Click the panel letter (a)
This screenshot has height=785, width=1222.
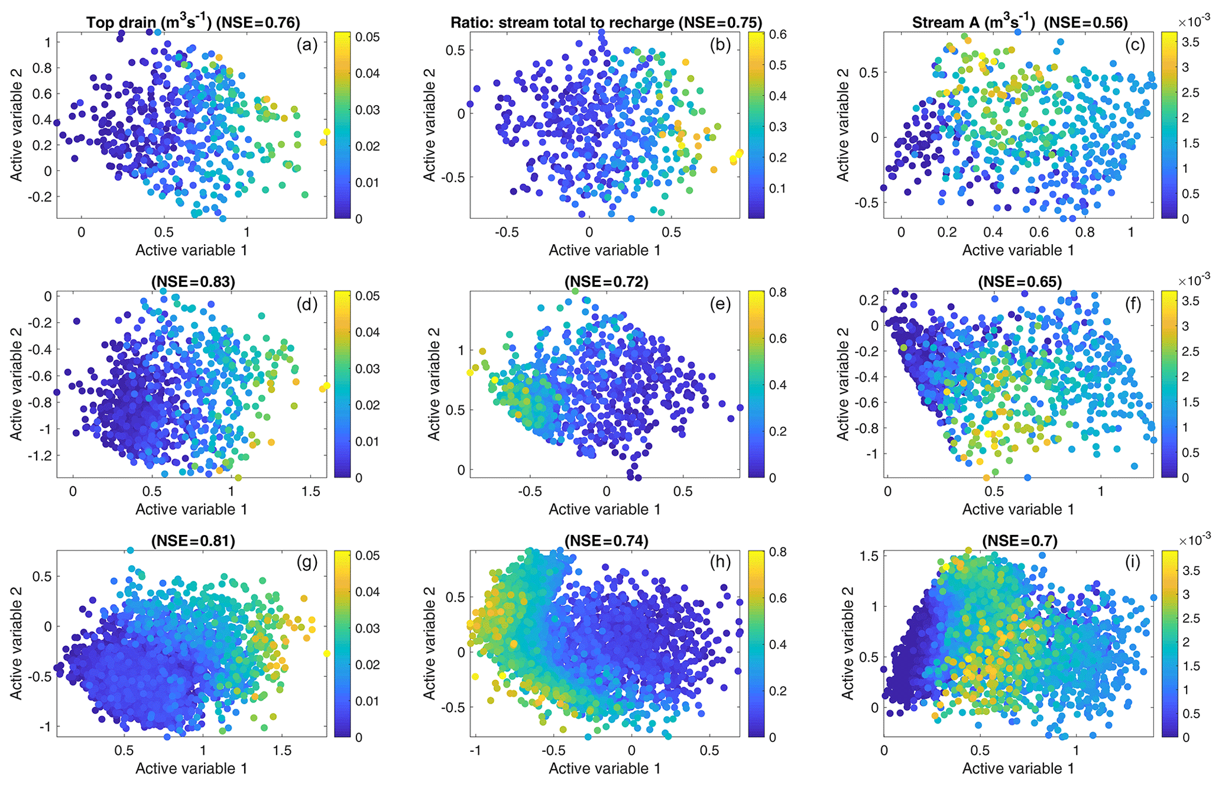pyautogui.click(x=307, y=45)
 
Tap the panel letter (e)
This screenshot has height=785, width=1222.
pyautogui.click(x=720, y=304)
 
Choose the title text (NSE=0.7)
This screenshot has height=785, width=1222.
pyautogui.click(x=1020, y=541)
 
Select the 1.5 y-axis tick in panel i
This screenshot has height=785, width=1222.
pyautogui.click(x=866, y=556)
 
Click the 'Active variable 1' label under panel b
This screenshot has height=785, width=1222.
pyautogui.click(x=605, y=250)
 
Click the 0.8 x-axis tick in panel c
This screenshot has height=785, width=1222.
pyautogui.click(x=1085, y=232)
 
